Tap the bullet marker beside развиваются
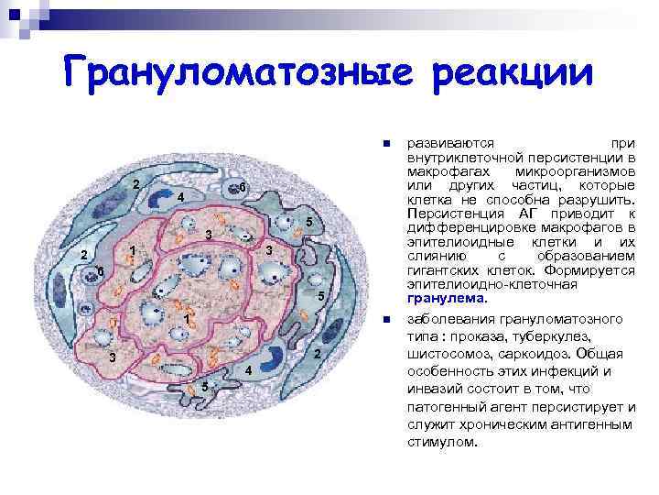(387, 145)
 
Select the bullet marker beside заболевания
(387, 322)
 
